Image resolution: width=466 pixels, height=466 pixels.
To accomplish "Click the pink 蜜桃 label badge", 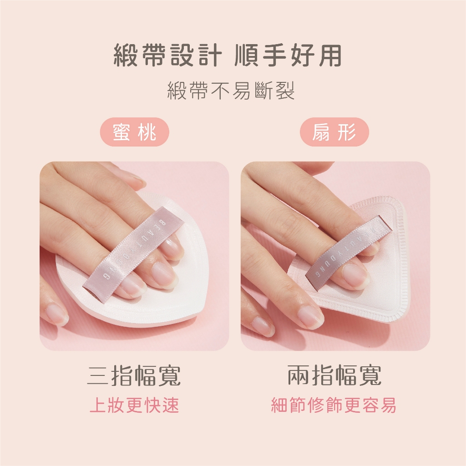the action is (134, 132).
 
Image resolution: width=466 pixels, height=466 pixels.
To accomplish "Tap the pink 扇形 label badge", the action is (334, 132).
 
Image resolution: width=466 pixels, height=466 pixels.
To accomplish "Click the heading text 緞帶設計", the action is (168, 55).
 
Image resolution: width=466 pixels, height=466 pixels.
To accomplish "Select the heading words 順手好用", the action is (288, 55).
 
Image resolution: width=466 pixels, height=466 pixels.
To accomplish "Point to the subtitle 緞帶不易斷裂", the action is (231, 91).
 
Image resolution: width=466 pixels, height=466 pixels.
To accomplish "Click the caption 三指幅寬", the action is (134, 375).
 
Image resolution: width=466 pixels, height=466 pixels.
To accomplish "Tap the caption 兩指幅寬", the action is (334, 375).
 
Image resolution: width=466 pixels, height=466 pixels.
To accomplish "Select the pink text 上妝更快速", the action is (134, 405).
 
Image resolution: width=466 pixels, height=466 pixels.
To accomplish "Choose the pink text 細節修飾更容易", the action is (334, 405).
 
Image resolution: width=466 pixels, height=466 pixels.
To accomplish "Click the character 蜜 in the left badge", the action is (121, 132).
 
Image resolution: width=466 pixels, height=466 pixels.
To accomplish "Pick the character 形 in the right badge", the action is (347, 132).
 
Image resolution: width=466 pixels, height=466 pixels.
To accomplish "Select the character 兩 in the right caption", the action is (298, 375).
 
